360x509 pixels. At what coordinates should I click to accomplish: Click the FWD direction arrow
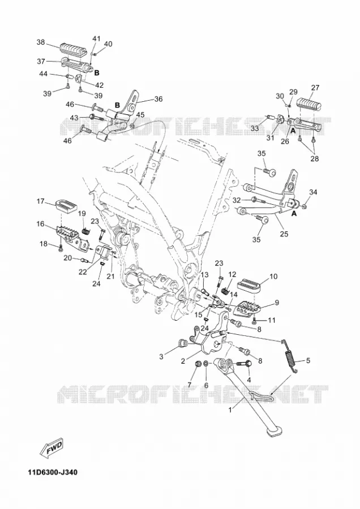coord(52,448)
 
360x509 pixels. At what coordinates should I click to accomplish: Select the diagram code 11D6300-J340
coord(53,472)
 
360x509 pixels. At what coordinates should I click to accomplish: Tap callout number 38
coord(41,42)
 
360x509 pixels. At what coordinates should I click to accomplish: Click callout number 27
coord(315,88)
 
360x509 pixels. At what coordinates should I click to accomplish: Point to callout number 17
coord(40,201)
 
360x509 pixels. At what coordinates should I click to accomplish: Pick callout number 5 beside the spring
coord(308,360)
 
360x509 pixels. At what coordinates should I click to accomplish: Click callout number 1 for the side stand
coord(230,410)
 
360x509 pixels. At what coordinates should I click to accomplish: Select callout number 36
coord(158,99)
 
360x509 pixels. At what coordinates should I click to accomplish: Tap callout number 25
coord(284,234)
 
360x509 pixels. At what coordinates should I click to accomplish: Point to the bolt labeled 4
coord(243,363)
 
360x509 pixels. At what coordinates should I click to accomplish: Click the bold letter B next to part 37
coord(96,73)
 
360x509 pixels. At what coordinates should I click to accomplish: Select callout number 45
coord(140,115)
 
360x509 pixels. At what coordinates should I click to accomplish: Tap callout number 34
coord(312,192)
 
